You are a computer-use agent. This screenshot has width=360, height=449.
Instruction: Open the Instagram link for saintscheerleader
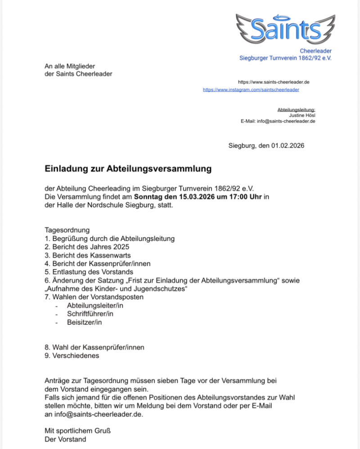pos(251,90)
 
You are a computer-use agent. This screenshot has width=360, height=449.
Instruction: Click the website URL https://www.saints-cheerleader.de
pos(274,82)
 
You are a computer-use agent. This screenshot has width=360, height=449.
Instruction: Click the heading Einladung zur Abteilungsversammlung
pos(128,169)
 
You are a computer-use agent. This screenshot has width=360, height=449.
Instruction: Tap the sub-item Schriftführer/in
pos(90,314)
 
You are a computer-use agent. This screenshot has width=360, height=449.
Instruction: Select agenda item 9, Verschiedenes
pos(72,355)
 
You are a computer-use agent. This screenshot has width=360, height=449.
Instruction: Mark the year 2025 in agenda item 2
pos(121,247)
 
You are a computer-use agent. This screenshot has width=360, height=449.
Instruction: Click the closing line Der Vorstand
pos(65,439)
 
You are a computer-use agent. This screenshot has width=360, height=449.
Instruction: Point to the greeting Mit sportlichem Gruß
pos(77,431)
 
